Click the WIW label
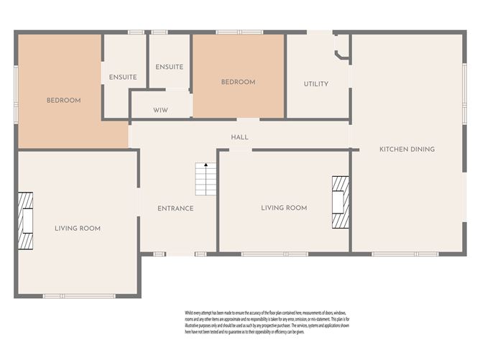(160, 111)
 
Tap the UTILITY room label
(316, 84)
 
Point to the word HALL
(239, 137)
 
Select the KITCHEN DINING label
(407, 149)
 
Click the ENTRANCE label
(175, 208)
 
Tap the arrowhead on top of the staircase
(206, 165)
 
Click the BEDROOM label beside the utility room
(238, 83)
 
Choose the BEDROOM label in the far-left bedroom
(63, 101)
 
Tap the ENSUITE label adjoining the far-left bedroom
(123, 78)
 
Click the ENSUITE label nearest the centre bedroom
(170, 67)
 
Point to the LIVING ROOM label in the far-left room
(78, 229)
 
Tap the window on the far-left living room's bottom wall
(78, 296)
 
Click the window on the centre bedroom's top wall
(239, 32)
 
